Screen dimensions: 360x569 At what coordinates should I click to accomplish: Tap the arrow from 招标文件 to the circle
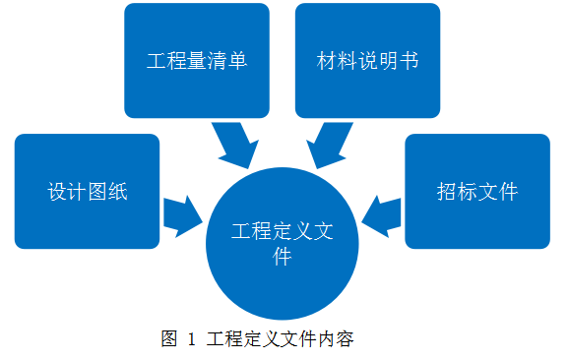tap(382, 214)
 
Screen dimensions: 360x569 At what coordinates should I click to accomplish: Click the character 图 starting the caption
tap(168, 340)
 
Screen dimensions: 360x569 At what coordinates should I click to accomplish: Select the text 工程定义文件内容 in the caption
tap(281, 340)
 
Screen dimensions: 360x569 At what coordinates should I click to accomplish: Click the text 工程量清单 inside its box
tap(196, 61)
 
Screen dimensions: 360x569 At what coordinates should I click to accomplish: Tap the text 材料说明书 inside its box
tap(367, 61)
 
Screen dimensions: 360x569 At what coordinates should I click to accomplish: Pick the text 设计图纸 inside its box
tap(88, 192)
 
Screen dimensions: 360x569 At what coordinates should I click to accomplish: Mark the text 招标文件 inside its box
tap(477, 192)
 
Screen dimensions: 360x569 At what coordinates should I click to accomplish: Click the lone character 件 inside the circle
tap(283, 258)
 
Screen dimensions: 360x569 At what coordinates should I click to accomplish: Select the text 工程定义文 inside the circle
tap(283, 232)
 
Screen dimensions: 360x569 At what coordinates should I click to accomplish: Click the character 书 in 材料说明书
tap(409, 61)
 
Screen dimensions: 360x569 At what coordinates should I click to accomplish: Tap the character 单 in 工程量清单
tap(236, 61)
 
